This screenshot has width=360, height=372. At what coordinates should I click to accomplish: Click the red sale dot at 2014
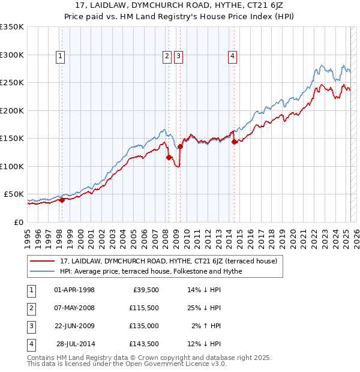coord(235,142)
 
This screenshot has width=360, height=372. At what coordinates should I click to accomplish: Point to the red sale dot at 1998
coord(62,200)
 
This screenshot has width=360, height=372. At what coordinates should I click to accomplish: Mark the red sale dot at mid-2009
coord(181,146)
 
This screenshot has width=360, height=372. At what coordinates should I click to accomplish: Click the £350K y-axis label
coord(12,27)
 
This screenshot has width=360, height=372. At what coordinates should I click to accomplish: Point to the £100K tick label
coord(12,166)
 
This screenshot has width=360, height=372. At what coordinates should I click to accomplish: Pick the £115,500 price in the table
coord(145,308)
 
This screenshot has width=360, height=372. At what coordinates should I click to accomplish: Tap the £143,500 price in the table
coord(145,344)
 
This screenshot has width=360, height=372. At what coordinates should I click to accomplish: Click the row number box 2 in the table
coord(30,308)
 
